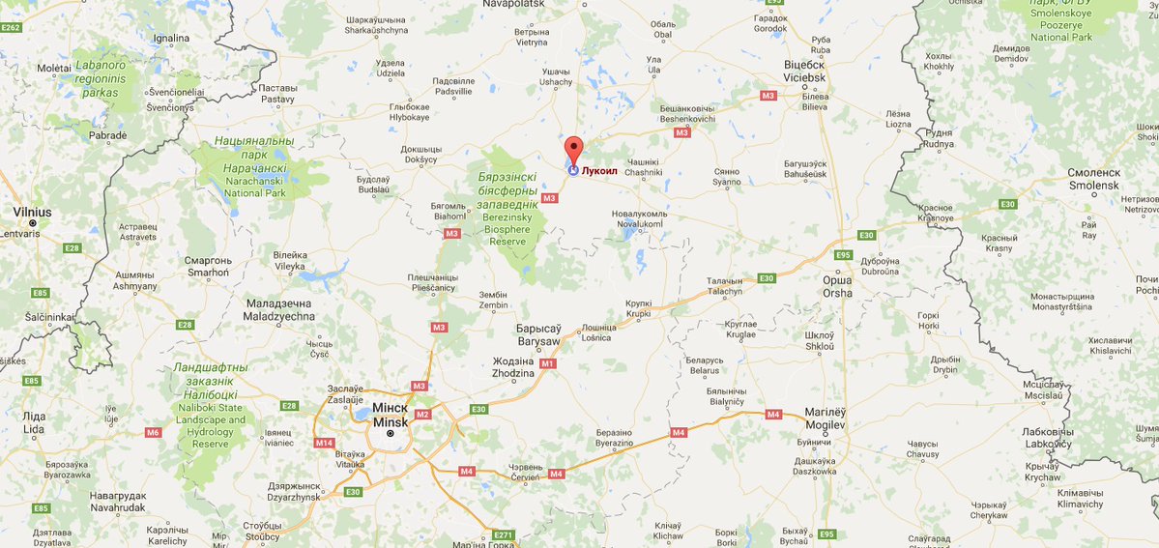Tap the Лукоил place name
(599, 170)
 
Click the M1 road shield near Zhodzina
(548, 363)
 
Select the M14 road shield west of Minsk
(324, 443)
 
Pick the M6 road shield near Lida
(153, 432)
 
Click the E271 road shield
(503, 534)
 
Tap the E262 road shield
(12, 28)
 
